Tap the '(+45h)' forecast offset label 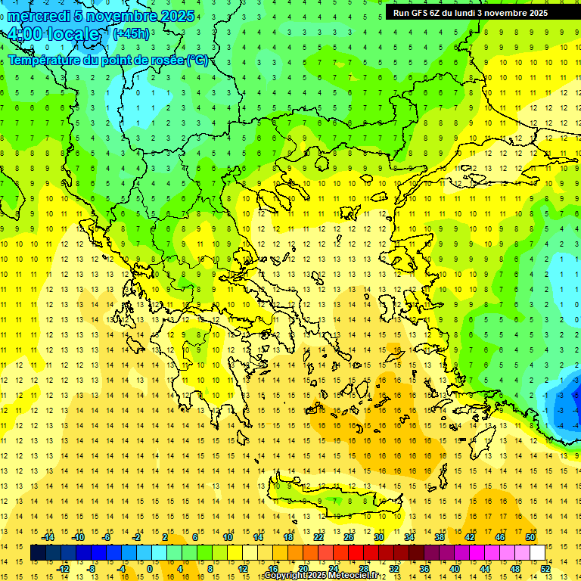click(131, 33)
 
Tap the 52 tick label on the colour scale click(545, 569)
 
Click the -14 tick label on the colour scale click(48, 537)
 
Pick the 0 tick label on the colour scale click(149, 569)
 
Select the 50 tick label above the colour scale click(530, 537)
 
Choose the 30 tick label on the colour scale click(378, 537)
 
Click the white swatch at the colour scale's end click(538, 553)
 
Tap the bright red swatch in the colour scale click(356, 553)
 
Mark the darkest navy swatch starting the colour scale click(38, 553)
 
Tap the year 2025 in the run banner click(539, 12)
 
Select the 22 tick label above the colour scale click(318, 537)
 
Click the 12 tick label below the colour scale click(243, 569)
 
